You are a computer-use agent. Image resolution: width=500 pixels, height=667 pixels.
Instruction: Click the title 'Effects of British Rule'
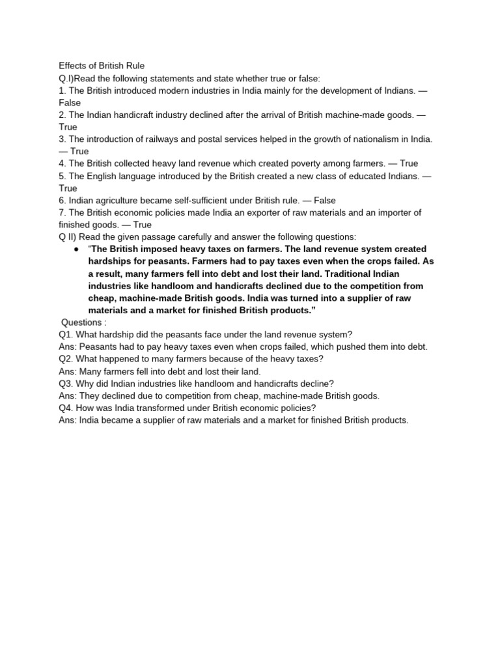click(102, 66)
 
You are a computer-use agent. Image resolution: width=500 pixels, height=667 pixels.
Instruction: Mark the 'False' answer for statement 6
click(324, 201)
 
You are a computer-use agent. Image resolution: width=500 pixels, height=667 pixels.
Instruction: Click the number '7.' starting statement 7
click(62, 212)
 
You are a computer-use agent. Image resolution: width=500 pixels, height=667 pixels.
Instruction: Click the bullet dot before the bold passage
click(76, 249)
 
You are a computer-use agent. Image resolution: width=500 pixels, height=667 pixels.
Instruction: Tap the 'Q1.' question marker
click(66, 335)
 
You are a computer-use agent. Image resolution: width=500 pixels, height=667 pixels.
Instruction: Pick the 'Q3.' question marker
click(66, 384)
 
